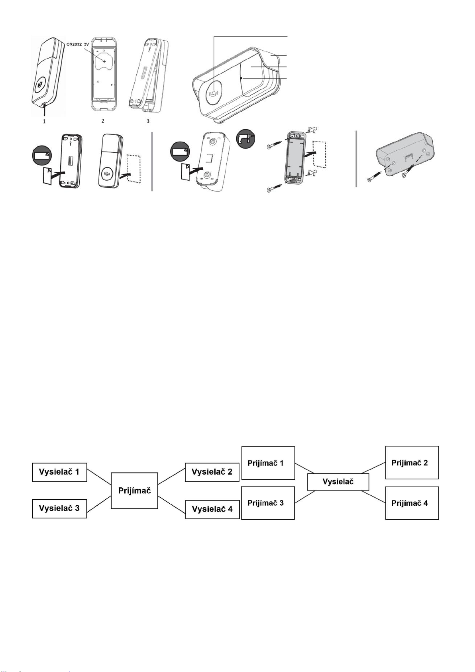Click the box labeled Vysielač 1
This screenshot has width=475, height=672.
tap(60, 472)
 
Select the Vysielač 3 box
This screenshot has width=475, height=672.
tap(59, 508)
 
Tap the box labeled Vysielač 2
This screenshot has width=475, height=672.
tap(212, 472)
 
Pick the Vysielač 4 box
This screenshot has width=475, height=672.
tap(212, 509)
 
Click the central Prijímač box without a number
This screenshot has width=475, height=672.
tap(134, 491)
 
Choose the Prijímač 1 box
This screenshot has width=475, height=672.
tap(268, 463)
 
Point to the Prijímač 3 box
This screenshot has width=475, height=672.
tap(268, 503)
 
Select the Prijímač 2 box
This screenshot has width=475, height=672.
tap(412, 462)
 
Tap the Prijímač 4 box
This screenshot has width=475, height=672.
tap(412, 503)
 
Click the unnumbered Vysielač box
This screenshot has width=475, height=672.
tap(338, 482)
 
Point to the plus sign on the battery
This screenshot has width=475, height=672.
tap(104, 61)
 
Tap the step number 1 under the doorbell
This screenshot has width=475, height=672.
tap(45, 122)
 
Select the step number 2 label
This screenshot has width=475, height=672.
tap(103, 121)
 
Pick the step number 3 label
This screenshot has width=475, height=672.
tap(148, 121)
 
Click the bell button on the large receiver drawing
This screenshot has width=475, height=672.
tap(214, 93)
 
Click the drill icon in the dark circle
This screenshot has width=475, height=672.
tap(245, 138)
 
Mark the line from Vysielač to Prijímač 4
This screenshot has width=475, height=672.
tap(373, 497)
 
